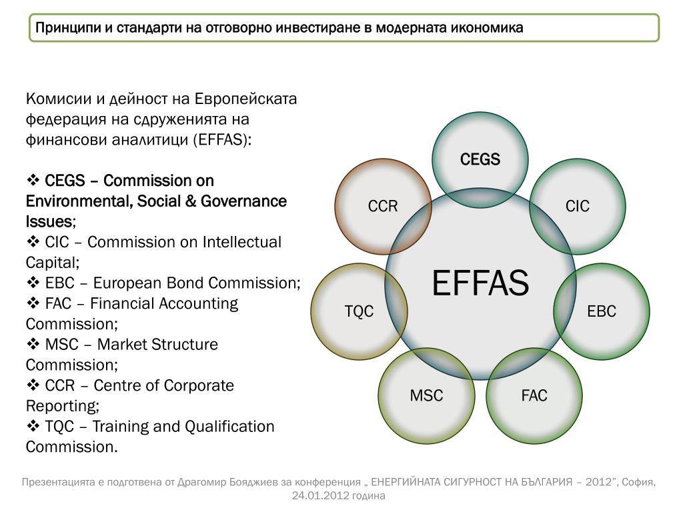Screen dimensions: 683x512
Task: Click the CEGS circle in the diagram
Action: point(480,159)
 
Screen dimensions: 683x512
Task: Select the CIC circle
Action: point(578,206)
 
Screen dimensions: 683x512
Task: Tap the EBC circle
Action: point(601,311)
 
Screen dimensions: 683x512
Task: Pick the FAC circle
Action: point(534,396)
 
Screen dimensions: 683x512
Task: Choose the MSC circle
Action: point(426,396)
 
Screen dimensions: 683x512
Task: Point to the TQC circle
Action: point(359,311)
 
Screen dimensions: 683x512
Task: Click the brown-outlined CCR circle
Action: point(383,206)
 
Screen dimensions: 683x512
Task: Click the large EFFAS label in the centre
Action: point(480,283)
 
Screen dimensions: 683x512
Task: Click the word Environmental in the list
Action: point(79,201)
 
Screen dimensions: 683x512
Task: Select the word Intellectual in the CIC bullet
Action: point(241,242)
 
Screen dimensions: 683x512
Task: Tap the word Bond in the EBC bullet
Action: point(185,283)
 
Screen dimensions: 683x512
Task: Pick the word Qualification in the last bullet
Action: point(229,426)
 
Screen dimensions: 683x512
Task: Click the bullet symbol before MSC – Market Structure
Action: point(33,345)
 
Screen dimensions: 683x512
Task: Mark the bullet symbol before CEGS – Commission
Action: point(33,181)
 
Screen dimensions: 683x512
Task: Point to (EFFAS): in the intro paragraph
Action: point(223,140)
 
